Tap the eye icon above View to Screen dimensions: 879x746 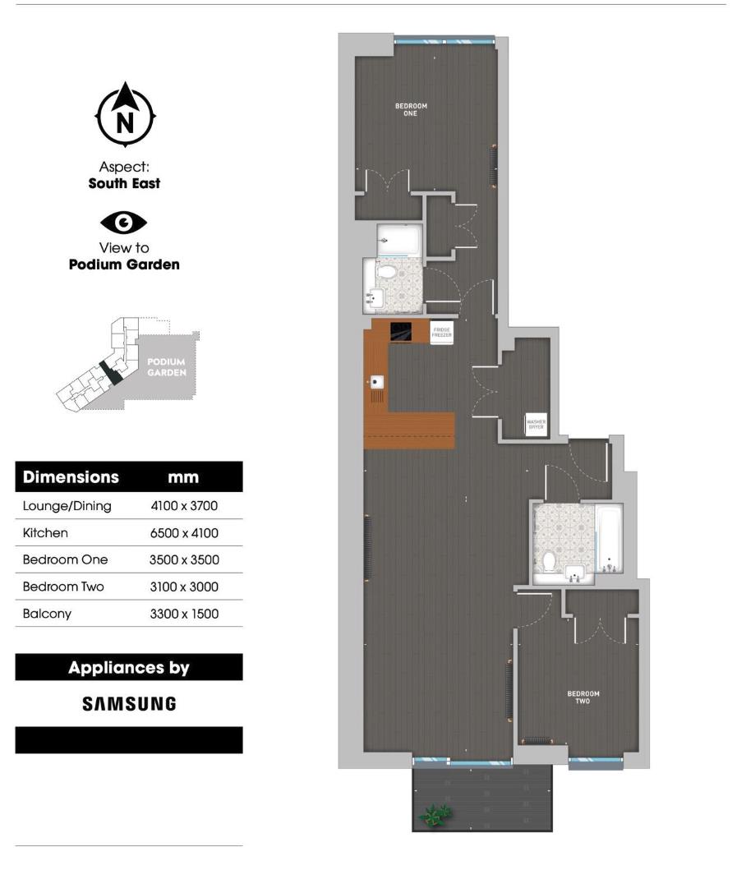point(124,222)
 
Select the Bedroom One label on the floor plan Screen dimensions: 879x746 point(411,109)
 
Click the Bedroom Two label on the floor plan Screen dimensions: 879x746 point(583,697)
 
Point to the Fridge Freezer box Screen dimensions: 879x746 point(442,333)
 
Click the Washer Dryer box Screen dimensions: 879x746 point(536,425)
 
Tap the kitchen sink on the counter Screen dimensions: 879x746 point(377,382)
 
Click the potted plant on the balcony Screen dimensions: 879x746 point(435,814)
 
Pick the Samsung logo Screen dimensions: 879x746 point(129,703)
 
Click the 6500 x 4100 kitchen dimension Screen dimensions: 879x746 point(184,533)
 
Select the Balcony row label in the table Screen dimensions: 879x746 point(48,614)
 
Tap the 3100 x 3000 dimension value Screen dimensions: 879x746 point(184,587)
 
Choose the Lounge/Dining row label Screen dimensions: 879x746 point(67,506)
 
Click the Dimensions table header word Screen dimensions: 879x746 point(71,477)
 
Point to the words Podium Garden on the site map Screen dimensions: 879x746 point(166,366)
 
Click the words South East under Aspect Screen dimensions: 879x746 point(124,184)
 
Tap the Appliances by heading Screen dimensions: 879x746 point(129,667)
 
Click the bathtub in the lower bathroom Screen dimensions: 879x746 point(610,538)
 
